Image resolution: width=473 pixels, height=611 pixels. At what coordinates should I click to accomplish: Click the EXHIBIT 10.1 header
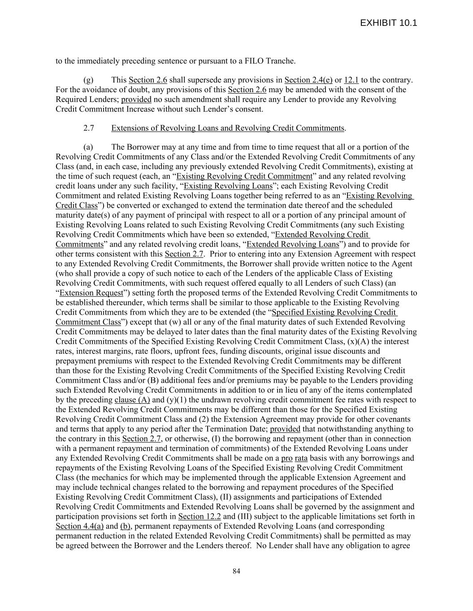[x=388, y=23]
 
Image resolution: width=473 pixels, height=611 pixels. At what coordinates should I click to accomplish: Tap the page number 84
[x=236, y=571]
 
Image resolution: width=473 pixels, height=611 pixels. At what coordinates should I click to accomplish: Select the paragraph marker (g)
[x=88, y=80]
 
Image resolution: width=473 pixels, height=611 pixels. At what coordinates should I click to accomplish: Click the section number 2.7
[x=88, y=128]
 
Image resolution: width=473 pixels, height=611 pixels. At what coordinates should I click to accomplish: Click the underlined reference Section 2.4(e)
[x=308, y=80]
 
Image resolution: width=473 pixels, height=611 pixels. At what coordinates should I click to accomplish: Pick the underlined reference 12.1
[x=351, y=80]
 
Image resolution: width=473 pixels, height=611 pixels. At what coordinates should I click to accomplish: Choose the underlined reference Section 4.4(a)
[x=79, y=526]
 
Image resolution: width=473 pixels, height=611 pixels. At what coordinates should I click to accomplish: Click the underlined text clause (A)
[x=132, y=400]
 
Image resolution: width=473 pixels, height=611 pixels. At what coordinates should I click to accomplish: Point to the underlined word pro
[x=286, y=458]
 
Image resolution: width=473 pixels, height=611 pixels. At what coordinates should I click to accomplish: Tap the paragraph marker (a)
[x=88, y=147]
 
